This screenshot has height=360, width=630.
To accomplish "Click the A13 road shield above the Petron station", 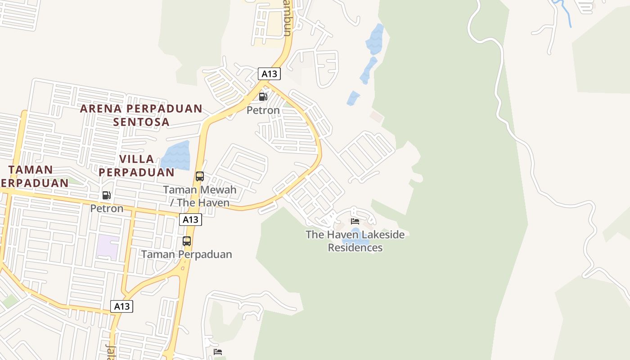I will [x=269, y=73].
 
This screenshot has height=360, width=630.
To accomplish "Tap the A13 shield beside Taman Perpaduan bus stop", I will [x=190, y=220].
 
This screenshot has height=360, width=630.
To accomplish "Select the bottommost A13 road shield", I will [x=121, y=306].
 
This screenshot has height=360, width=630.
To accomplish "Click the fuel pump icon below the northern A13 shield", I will [x=263, y=97].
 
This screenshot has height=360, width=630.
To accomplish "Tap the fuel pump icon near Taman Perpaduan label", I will [x=107, y=195].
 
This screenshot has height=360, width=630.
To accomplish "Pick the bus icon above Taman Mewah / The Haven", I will [x=200, y=176].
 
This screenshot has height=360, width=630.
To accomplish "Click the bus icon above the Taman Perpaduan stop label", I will [x=187, y=241].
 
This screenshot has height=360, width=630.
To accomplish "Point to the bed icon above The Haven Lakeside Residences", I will [x=355, y=221].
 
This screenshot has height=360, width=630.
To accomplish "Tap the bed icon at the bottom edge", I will [x=218, y=351].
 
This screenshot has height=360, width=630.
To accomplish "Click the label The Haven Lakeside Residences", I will [x=355, y=241].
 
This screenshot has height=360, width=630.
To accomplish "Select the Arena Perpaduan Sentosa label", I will [x=141, y=115].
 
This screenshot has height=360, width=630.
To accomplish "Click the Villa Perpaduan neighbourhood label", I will [x=137, y=166].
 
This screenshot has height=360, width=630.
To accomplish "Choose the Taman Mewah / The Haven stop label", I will [x=200, y=196].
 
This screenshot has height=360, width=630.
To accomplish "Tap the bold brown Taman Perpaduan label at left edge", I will [x=31, y=176].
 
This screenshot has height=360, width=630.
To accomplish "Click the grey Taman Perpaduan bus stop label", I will [x=187, y=254].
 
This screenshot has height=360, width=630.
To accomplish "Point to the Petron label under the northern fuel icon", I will [x=263, y=110].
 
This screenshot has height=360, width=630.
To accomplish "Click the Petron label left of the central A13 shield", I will [x=107, y=208].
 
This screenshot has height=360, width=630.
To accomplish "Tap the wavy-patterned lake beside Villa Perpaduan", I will [x=176, y=155].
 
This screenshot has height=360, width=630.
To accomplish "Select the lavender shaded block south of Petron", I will [x=108, y=247].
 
